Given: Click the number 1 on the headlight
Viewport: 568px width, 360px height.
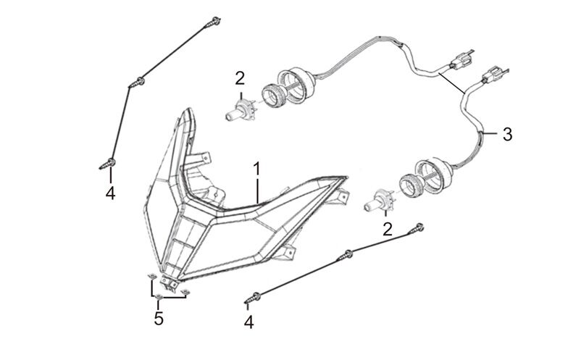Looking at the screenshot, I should click(256, 169).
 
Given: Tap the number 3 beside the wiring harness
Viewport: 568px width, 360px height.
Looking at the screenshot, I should click(507, 134).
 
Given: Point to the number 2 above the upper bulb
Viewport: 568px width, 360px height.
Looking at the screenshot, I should click(240, 78).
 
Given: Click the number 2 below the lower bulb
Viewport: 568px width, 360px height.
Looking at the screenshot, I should click(388, 229).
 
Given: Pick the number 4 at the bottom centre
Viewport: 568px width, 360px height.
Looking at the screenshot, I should click(249, 322).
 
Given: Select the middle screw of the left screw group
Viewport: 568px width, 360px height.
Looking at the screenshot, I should click(136, 83).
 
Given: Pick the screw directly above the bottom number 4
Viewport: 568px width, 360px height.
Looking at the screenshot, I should click(258, 296).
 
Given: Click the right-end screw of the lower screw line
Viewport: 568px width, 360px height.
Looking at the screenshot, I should click(418, 229).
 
